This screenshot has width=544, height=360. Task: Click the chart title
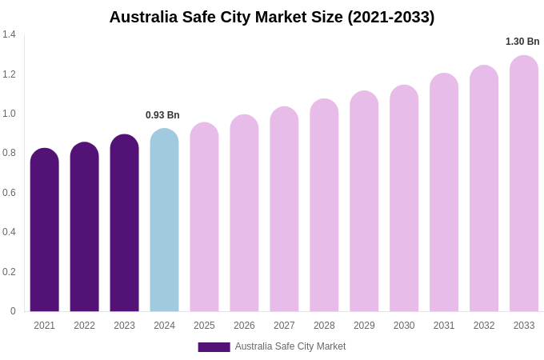pyautogui.click(x=272, y=17)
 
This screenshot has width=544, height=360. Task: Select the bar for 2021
pyautogui.click(x=45, y=232)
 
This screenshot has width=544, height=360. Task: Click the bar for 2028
pyautogui.click(x=324, y=207)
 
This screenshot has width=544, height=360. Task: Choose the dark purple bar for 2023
pyautogui.click(x=124, y=225)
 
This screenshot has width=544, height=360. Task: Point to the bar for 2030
pyautogui.click(x=404, y=200)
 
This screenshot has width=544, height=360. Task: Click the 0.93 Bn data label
pyautogui.click(x=162, y=115)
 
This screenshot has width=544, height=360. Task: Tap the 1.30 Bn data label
pyautogui.click(x=522, y=42)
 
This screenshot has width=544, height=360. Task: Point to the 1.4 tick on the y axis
pyautogui.click(x=9, y=34)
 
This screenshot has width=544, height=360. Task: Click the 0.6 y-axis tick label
pyautogui.click(x=9, y=193)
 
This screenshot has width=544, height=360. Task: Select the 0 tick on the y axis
pyautogui.click(x=13, y=311)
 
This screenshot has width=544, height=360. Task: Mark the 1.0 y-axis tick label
pyautogui.click(x=9, y=114)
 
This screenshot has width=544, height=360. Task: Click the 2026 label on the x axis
pyautogui.click(x=244, y=326)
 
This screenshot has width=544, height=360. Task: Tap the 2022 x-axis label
pyautogui.click(x=84, y=326)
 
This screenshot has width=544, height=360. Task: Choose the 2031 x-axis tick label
pyautogui.click(x=444, y=326)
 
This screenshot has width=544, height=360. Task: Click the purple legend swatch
pyautogui.click(x=214, y=347)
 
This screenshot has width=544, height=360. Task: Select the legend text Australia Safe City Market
pyautogui.click(x=290, y=346)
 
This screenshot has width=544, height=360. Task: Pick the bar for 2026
pyautogui.click(x=244, y=215)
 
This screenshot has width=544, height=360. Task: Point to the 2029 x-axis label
pyautogui.click(x=364, y=326)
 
